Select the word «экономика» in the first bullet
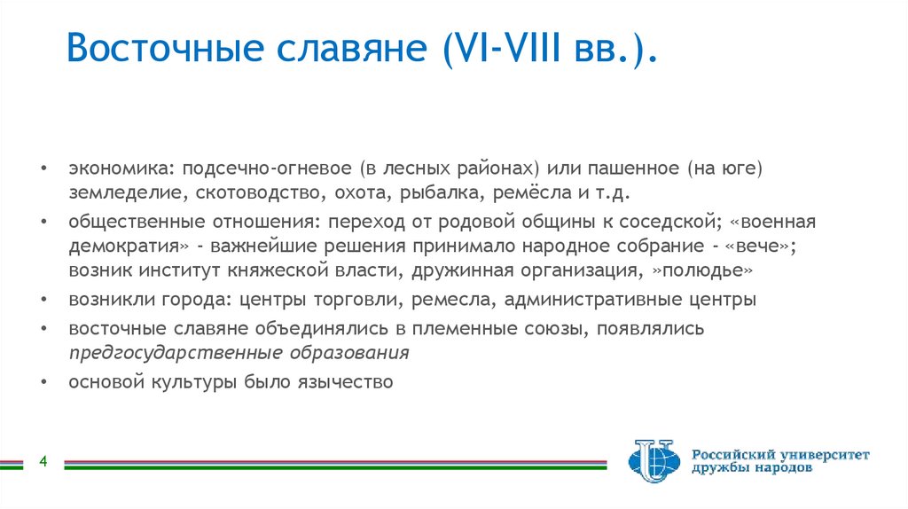point(113,168)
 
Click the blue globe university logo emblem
point(654,459)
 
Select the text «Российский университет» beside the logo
point(780,454)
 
